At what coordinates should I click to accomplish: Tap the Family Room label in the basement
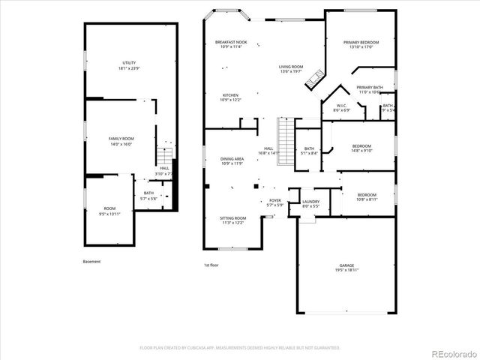pyautogui.click(x=121, y=139)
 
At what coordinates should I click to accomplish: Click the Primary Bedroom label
pyautogui.click(x=361, y=43)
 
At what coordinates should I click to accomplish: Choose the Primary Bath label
pyautogui.click(x=370, y=88)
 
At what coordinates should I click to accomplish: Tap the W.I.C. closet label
pyautogui.click(x=340, y=106)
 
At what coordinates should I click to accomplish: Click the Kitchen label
pyautogui.click(x=230, y=95)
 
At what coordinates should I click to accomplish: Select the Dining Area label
pyautogui.click(x=232, y=159)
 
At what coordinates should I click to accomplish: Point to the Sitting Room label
pyautogui.click(x=232, y=220)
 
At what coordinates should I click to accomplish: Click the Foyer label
pyautogui.click(x=275, y=201)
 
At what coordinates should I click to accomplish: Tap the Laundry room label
pyautogui.click(x=310, y=201)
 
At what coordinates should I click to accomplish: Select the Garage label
pyautogui.click(x=346, y=266)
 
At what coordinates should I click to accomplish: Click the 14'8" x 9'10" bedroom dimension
pyautogui.click(x=362, y=150)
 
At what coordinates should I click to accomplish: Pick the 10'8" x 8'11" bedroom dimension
pyautogui.click(x=367, y=199)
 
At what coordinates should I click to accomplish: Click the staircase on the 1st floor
pyautogui.click(x=285, y=137)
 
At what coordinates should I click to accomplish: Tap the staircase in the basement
pyautogui.click(x=164, y=159)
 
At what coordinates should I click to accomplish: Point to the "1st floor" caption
pyautogui.click(x=211, y=265)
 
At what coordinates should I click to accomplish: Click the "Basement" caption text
pyautogui.click(x=91, y=262)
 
